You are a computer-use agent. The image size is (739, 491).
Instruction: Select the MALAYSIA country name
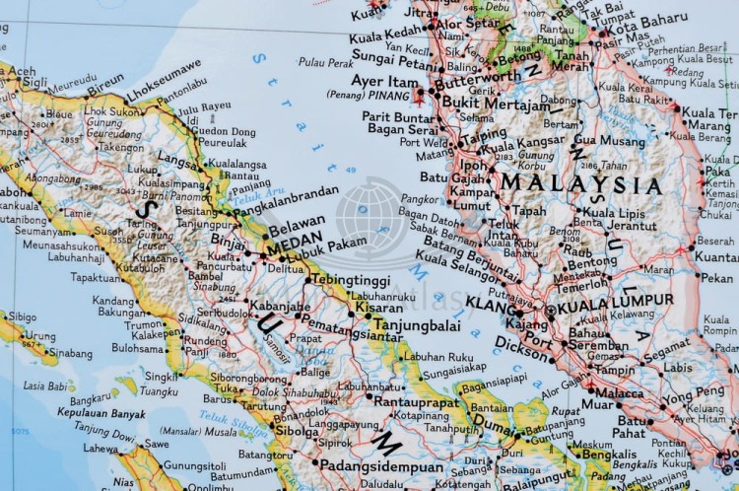click(x=580, y=185)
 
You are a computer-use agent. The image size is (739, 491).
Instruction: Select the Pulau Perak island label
click(x=325, y=62)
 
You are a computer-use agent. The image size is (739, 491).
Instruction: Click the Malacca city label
click(x=622, y=392)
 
